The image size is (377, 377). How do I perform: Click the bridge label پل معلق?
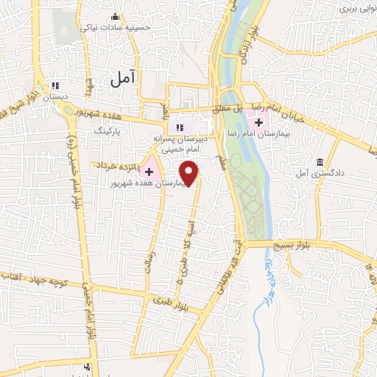(x=236, y=108)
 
